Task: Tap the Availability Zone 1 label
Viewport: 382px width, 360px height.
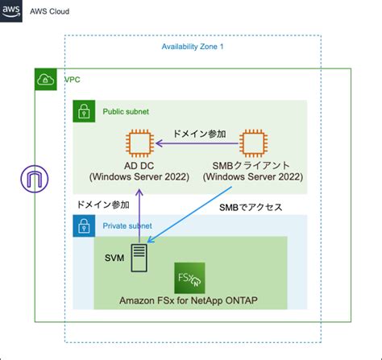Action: click(x=193, y=47)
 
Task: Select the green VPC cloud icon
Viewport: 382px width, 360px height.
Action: click(x=45, y=80)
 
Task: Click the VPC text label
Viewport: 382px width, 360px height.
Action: click(x=72, y=81)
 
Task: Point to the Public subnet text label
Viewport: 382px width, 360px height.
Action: click(x=125, y=111)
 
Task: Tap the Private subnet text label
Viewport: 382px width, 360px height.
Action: click(x=127, y=226)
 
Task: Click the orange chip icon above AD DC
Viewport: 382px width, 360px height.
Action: click(x=140, y=145)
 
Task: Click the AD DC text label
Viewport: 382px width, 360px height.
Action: click(x=140, y=165)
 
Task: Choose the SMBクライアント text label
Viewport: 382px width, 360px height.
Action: click(x=255, y=165)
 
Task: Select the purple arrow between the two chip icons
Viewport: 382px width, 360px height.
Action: click(x=197, y=145)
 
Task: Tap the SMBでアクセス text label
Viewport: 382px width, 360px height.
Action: click(x=251, y=207)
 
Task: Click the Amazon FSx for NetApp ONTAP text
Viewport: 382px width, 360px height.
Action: click(x=189, y=300)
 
